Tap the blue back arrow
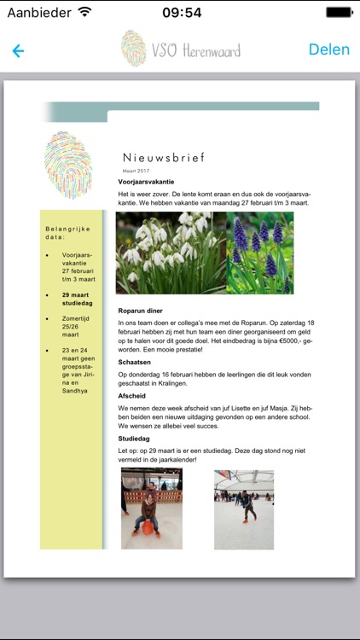click(18, 50)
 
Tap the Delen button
click(328, 49)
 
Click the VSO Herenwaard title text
click(195, 50)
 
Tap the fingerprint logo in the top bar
click(133, 49)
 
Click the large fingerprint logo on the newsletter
click(68, 165)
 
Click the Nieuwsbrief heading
click(164, 158)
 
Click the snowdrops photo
click(171, 253)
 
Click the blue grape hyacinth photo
click(260, 253)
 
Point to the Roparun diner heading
click(140, 311)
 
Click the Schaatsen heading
click(134, 362)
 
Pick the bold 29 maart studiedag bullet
click(77, 299)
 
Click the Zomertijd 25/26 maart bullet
click(77, 327)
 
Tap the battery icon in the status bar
click(339, 12)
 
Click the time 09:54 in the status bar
click(181, 12)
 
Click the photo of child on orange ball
click(152, 509)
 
